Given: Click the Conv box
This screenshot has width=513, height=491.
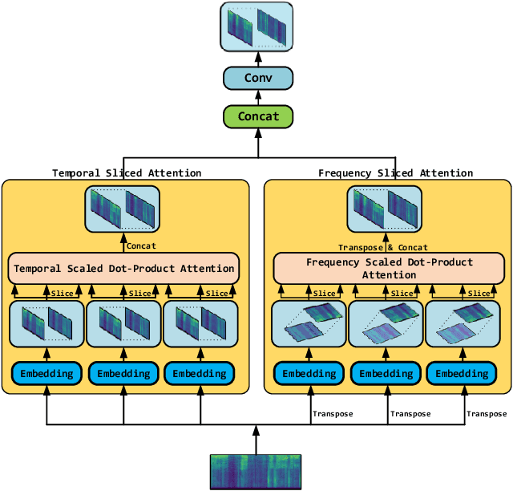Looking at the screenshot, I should tap(257, 78).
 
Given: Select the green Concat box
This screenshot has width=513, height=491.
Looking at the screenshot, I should tap(257, 116).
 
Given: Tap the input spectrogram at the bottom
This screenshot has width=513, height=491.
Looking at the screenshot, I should tap(256, 472).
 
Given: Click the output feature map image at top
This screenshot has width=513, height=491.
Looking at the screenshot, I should tap(256, 26).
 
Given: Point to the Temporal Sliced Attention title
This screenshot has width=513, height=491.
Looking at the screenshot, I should tap(127, 172).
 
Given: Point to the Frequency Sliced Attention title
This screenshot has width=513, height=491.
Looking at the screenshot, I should tap(395, 172).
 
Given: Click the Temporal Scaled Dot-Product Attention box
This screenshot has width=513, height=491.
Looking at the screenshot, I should tap(123, 268).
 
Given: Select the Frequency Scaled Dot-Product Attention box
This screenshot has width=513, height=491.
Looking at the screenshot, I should tap(390, 268).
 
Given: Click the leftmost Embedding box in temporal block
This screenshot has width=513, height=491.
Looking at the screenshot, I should tap(46, 373).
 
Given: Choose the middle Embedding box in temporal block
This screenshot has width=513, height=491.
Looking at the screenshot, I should tap(123, 373).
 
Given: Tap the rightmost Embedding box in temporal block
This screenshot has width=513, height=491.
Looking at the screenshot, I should tap(200, 373).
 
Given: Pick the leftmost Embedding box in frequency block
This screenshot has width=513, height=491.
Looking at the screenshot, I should tap(309, 373).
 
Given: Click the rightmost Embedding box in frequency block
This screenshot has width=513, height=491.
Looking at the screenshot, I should tap(466, 373).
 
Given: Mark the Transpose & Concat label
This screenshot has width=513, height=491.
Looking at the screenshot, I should tap(382, 247).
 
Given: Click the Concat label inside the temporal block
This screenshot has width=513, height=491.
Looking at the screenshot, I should tap(141, 246).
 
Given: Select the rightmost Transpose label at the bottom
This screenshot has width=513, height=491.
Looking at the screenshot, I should tap(487, 414).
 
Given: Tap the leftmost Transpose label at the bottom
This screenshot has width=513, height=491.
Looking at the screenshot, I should tap(332, 414).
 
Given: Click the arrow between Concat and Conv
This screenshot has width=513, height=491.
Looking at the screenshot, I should tap(257, 97).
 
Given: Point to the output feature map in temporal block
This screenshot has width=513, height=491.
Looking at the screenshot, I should tap(123, 209).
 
